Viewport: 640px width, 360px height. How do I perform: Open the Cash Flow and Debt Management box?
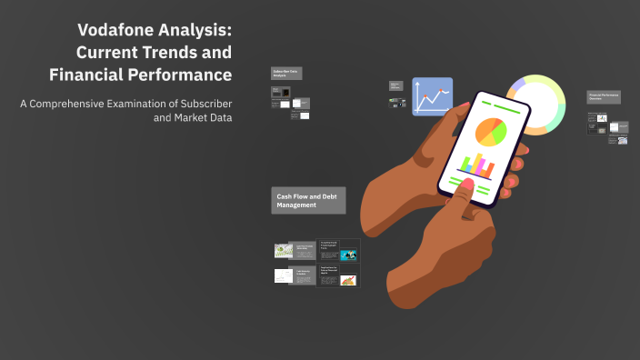tap(309, 201)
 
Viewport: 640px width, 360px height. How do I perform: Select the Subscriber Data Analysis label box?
tap(287, 73)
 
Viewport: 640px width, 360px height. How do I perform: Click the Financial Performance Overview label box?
tap(604, 96)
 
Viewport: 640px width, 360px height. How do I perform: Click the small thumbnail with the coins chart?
tap(347, 280)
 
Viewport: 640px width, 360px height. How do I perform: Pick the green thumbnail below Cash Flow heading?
tap(283, 250)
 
